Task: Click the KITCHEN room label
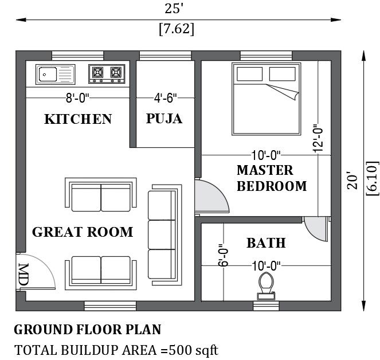click(78, 119)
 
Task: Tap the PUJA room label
click(164, 119)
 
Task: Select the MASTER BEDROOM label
click(272, 178)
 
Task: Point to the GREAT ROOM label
click(83, 232)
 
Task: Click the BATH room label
click(266, 243)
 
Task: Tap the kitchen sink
click(55, 73)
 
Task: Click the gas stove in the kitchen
click(107, 73)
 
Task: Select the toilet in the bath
click(265, 285)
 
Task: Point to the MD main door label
click(23, 273)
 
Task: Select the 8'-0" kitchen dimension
click(77, 99)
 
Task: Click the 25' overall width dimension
click(175, 8)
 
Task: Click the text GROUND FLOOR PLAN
click(87, 330)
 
